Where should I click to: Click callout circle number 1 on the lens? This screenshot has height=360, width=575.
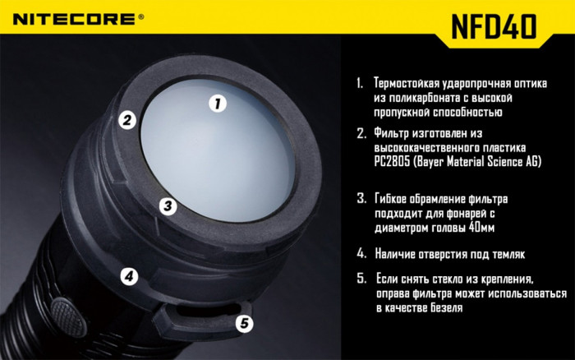click(217, 104)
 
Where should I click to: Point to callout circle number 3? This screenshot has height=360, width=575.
click(166, 205)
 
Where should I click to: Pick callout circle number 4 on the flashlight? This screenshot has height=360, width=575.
click(127, 276)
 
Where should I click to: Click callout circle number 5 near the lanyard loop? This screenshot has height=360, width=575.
click(243, 324)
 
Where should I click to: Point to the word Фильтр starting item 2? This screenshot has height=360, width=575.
click(393, 132)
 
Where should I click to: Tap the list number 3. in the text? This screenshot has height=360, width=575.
click(361, 198)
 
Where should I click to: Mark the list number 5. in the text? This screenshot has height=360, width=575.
click(361, 278)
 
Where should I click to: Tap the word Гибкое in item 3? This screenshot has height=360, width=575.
click(394, 198)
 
